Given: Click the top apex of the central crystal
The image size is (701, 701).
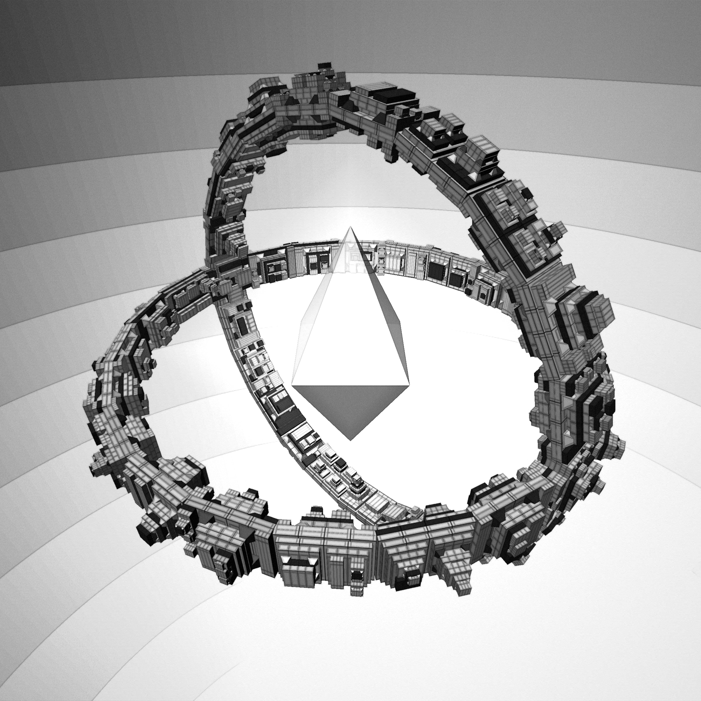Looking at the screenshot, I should tap(350, 228).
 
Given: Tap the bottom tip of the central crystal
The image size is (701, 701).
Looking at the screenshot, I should tap(350, 440).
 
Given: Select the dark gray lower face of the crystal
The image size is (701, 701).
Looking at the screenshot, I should tap(350, 406).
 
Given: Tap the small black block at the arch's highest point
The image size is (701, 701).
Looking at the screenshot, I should tap(323, 66).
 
